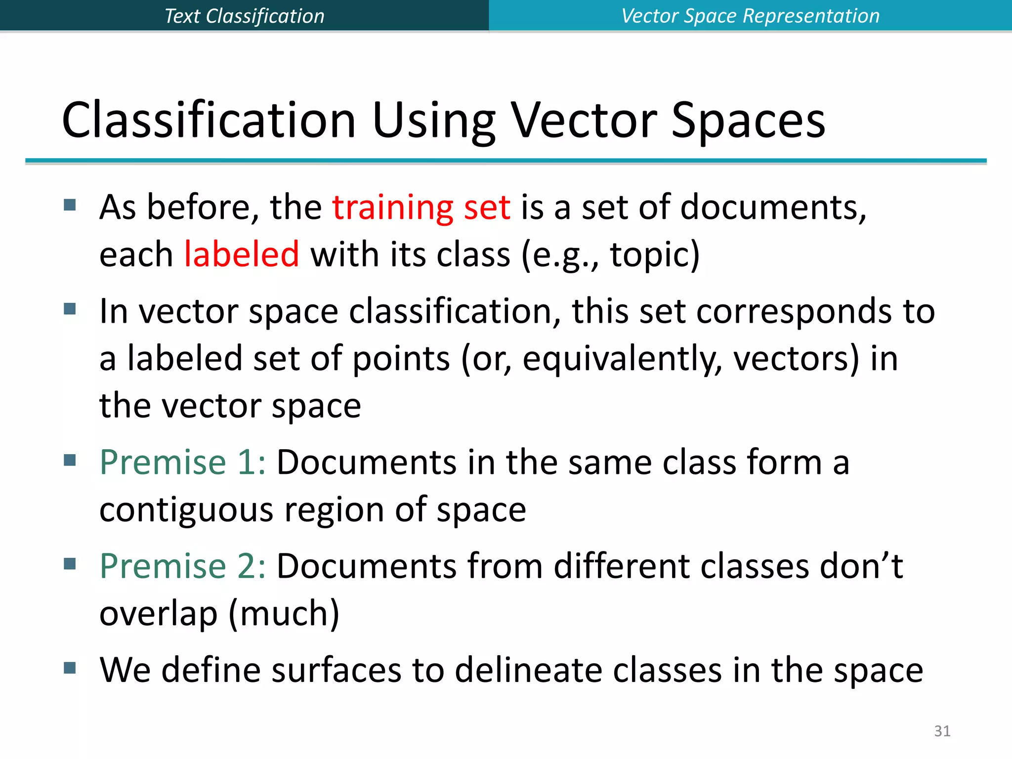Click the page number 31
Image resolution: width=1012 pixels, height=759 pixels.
pyautogui.click(x=942, y=731)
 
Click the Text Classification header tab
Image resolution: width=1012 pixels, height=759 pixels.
pyautogui.click(x=244, y=16)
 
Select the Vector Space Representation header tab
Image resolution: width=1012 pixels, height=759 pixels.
pyautogui.click(x=750, y=16)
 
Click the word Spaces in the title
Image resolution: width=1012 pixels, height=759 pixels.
pyautogui.click(x=748, y=121)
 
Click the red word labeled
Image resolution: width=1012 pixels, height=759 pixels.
pyautogui.click(x=242, y=254)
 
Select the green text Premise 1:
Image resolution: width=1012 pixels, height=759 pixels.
pyautogui.click(x=182, y=463)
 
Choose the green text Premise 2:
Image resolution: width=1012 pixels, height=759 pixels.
pyautogui.click(x=182, y=566)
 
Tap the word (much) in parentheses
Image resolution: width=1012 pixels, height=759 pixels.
pyautogui.click(x=284, y=613)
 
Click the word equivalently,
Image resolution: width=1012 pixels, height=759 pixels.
pyautogui.click(x=622, y=359)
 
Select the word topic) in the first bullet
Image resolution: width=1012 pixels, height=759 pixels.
pyautogui.click(x=655, y=255)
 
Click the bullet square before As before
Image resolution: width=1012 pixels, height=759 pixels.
pyautogui.click(x=70, y=205)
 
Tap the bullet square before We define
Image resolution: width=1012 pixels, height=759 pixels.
pyautogui.click(x=70, y=668)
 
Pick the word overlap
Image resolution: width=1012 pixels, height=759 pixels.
pyautogui.click(x=158, y=614)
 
